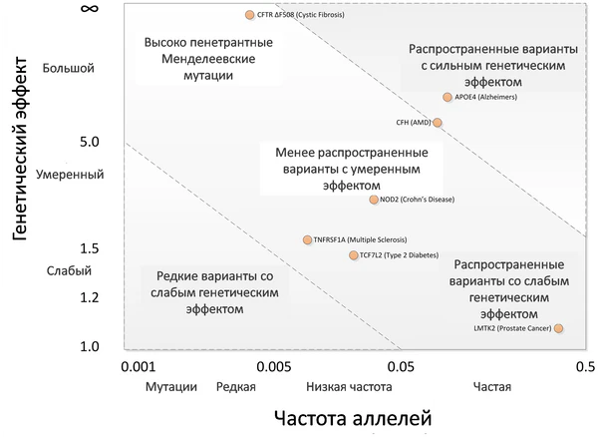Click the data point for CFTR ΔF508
tap(249, 15)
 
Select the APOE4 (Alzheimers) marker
tap(448, 97)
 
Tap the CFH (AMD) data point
tap(437, 123)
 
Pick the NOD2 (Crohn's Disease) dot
tap(375, 200)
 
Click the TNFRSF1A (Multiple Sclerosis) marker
tap(307, 239)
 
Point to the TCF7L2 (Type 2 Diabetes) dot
tap(353, 255)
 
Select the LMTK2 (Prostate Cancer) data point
tap(558, 328)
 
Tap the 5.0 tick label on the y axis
tap(89, 143)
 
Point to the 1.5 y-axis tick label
tap(89, 247)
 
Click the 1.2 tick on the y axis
tap(89, 296)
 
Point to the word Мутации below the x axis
tap(170, 387)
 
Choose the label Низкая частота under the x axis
tap(349, 387)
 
